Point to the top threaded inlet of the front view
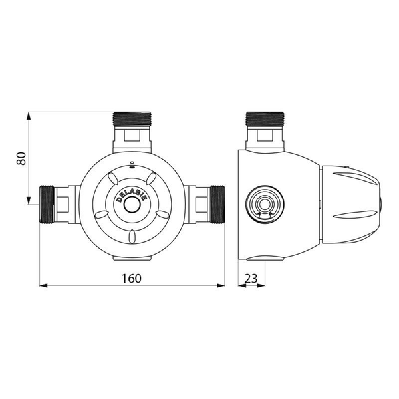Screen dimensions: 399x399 (x=132, y=120)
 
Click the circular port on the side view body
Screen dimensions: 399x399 (x=264, y=203)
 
